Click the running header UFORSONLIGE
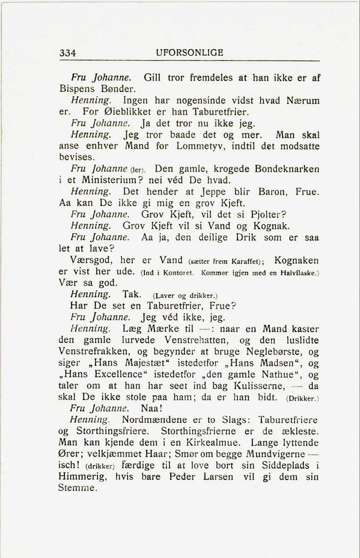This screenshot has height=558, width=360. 189,53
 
